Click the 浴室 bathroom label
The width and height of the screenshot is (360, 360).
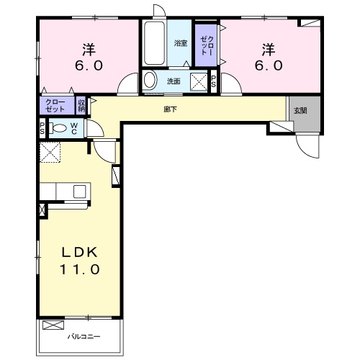pos(181,43)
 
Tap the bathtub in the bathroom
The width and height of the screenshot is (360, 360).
pos(154,43)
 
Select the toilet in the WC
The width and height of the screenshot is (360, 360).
pos(58,128)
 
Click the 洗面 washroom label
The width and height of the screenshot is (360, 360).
pos(174,81)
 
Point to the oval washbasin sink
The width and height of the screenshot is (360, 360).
pos(149,80)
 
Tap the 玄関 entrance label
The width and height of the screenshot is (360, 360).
pos(300,111)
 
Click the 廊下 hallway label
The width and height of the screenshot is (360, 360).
pos(171,109)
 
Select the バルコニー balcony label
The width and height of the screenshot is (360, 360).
pos(84,336)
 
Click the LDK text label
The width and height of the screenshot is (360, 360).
pos(80,252)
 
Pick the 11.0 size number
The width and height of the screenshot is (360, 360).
pos(79,269)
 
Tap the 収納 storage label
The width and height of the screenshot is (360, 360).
pos(81,106)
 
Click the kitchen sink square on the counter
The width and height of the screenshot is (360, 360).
pos(80,192)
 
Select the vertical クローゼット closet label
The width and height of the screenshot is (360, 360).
pos(207,45)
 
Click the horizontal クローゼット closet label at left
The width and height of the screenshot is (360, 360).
pos(55,106)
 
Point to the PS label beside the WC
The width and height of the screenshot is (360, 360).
pos(42,128)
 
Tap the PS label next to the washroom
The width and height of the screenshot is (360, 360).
pos(213,81)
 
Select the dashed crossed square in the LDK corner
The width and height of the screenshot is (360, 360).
pos(50,152)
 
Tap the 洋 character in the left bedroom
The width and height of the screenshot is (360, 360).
pos(89,50)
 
